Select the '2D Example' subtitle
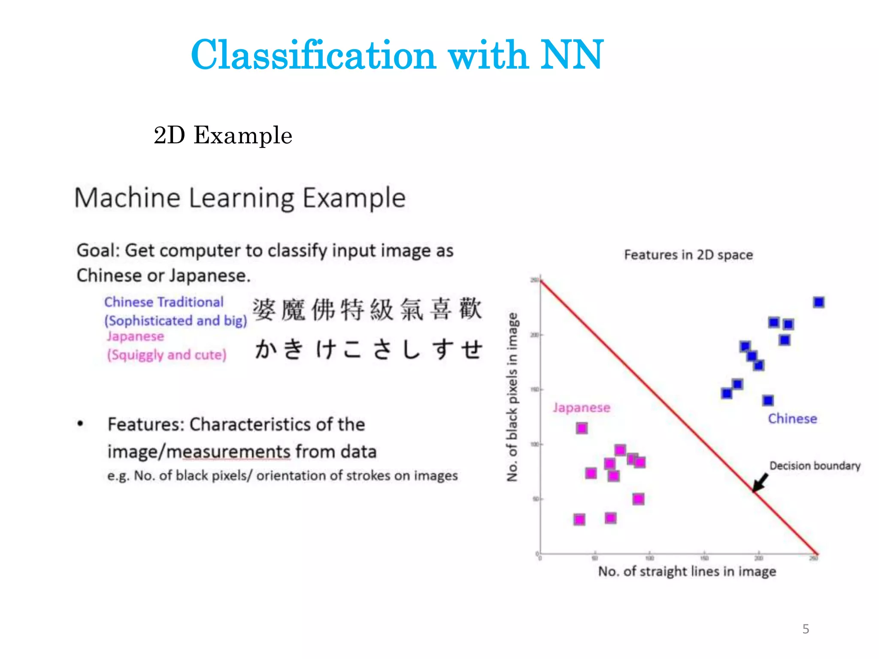(223, 136)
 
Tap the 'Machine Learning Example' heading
(240, 198)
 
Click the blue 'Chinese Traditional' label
(164, 302)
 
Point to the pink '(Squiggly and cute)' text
(167, 355)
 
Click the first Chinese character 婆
(264, 309)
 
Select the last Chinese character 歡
(470, 308)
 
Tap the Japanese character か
(266, 348)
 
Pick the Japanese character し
(411, 348)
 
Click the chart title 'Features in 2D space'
(688, 255)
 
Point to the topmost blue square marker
(818, 302)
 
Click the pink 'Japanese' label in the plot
(581, 408)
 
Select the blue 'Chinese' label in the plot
(792, 419)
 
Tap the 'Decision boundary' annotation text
(815, 466)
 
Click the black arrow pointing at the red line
(761, 482)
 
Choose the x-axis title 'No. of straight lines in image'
(687, 571)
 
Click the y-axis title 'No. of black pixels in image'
(512, 397)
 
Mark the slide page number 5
(806, 629)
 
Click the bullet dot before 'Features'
(80, 424)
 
